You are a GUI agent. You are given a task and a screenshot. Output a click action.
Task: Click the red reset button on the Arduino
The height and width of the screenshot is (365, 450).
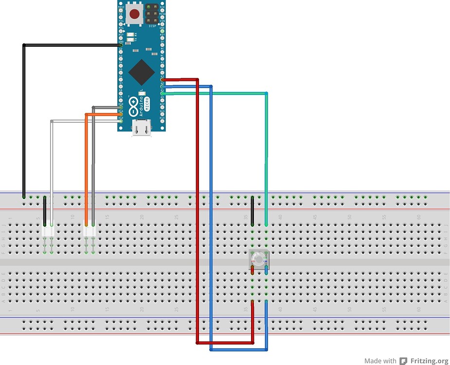click(x=134, y=13)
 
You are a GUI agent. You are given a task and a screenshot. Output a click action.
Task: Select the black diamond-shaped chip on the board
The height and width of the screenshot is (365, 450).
click(x=141, y=72)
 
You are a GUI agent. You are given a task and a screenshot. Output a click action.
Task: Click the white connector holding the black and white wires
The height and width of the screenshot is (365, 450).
click(x=48, y=232)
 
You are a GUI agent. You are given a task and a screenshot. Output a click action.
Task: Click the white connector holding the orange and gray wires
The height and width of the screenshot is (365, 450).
click(x=89, y=232)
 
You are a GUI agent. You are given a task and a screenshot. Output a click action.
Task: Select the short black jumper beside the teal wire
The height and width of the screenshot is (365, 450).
click(x=252, y=211)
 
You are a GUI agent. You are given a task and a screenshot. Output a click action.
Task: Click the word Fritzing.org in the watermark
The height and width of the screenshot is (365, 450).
click(x=429, y=361)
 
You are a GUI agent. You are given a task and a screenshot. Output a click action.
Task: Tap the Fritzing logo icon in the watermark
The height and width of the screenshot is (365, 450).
click(x=403, y=361)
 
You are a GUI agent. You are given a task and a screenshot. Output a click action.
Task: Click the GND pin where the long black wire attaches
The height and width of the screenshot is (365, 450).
click(x=120, y=45)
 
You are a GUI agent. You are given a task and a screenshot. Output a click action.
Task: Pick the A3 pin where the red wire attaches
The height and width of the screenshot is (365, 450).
click(x=162, y=79)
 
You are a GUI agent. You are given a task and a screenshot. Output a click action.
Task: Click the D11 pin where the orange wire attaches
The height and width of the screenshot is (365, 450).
click(x=120, y=114)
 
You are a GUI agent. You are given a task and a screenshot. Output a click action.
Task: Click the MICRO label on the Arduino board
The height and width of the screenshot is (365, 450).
click(x=147, y=104)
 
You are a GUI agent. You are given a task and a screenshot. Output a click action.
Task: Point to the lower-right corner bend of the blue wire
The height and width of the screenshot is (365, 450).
click(x=266, y=349)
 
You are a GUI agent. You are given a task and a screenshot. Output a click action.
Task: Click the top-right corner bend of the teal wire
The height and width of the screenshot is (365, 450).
click(x=266, y=93)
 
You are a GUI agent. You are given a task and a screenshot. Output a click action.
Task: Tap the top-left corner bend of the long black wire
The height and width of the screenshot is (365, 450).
click(x=24, y=45)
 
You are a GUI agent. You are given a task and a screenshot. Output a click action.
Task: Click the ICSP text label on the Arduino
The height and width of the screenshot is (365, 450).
click(x=152, y=26)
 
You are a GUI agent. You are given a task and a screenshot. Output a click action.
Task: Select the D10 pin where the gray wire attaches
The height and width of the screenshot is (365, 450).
click(x=120, y=108)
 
